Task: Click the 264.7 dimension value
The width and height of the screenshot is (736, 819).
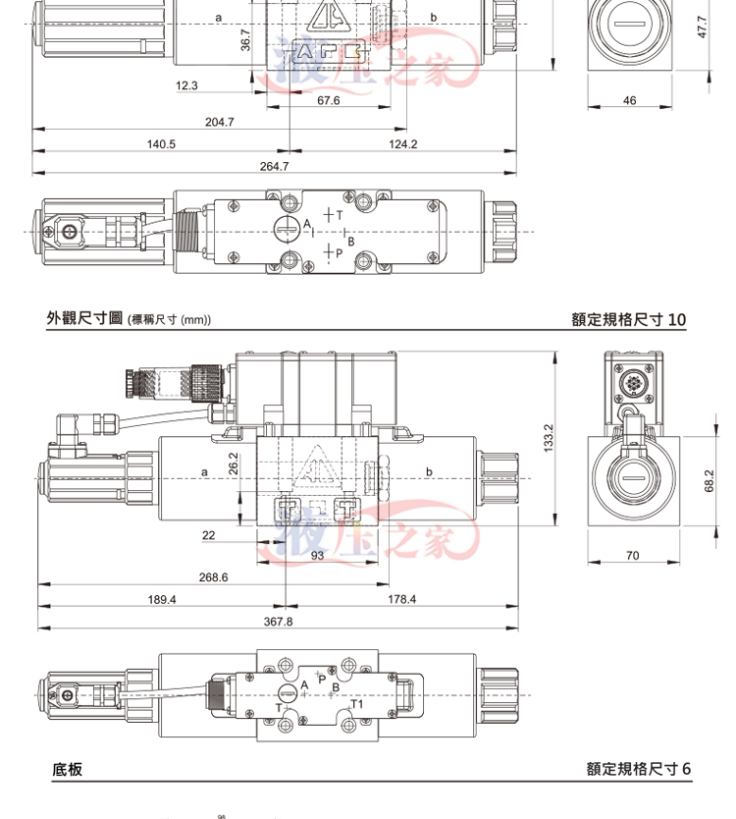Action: coord(274,166)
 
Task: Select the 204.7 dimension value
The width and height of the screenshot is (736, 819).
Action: coord(220,122)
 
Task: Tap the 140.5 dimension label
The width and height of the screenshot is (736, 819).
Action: coord(161,143)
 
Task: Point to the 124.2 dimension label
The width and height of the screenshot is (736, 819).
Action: coord(402,143)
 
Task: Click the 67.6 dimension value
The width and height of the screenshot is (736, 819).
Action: coord(329,100)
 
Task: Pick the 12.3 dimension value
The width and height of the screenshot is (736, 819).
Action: coord(186,85)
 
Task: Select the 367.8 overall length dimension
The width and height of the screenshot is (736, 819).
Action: coord(279,621)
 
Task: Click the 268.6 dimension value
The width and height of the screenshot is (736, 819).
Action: coord(213,576)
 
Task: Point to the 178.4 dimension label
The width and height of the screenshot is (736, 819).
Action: coord(401,598)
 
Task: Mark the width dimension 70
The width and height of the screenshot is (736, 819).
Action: coord(632,556)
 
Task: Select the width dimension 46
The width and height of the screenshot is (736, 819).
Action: coord(629,100)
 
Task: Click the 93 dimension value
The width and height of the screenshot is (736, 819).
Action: coord(317,556)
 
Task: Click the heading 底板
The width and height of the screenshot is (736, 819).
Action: coord(67,769)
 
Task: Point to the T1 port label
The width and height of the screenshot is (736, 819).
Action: coord(357,704)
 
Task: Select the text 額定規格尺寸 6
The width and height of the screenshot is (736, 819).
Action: coord(639,769)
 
